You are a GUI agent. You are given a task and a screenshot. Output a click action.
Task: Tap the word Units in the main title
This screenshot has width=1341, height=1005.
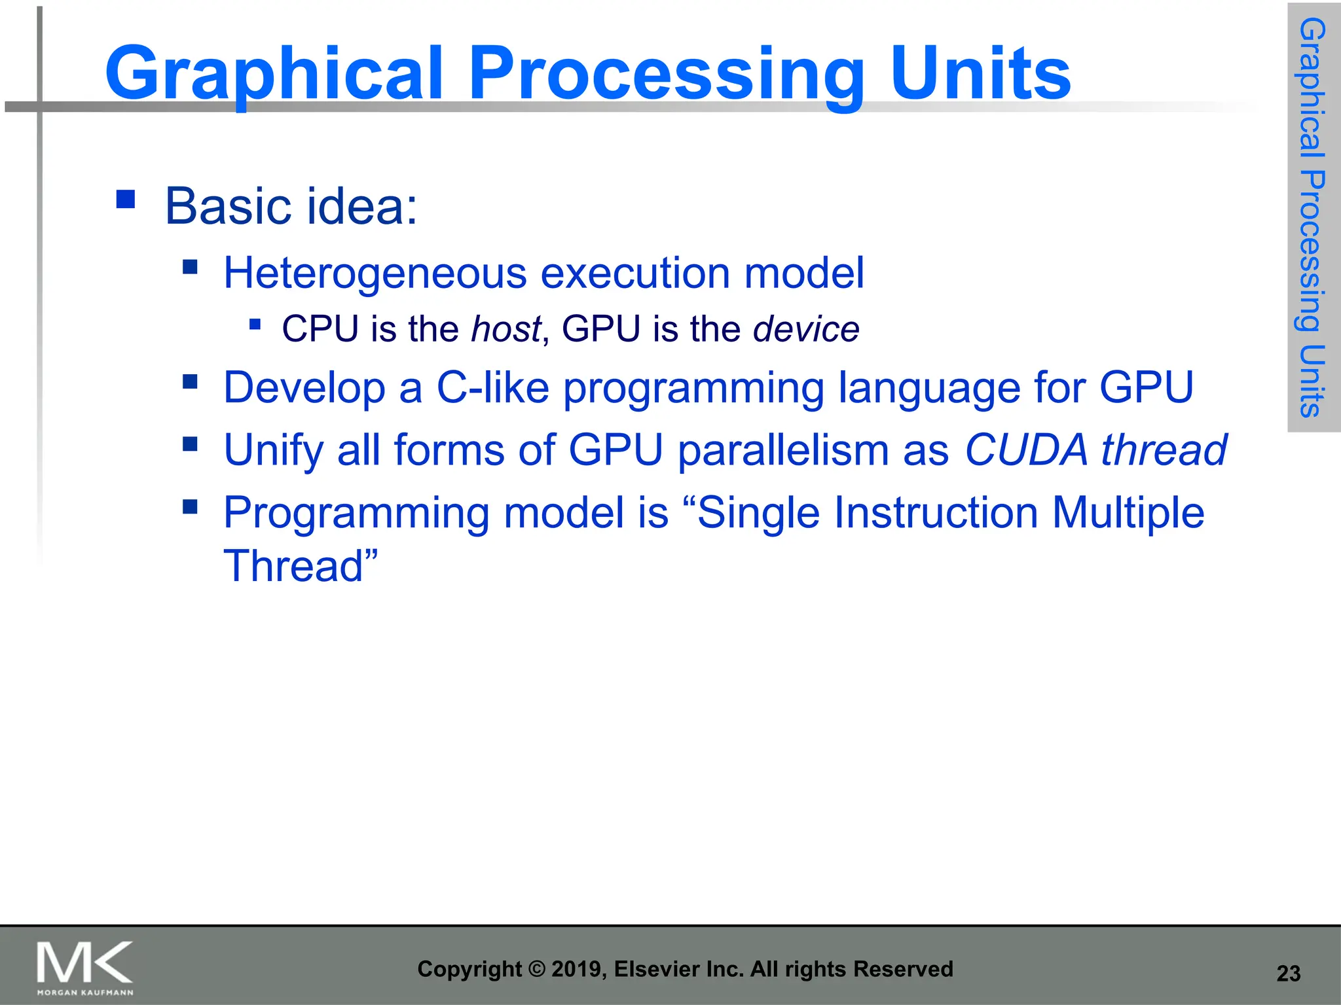pos(980,73)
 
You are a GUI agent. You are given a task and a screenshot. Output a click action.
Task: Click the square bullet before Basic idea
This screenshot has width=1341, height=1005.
pos(126,199)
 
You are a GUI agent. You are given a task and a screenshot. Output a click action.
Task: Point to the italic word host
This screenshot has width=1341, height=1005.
pos(506,328)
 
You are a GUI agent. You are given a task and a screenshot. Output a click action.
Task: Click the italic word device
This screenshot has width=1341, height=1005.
pos(806,328)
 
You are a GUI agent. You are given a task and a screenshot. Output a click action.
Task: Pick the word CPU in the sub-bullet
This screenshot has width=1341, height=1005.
pos(320,328)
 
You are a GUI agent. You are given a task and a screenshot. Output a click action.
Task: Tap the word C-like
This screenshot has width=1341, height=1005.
pos(492,387)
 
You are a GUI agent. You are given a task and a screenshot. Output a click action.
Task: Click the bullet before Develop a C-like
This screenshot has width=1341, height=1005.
pos(191,381)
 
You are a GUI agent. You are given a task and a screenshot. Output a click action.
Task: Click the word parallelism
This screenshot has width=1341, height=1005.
pos(782,450)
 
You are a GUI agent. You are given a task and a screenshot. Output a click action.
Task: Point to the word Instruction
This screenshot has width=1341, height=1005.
pos(868,512)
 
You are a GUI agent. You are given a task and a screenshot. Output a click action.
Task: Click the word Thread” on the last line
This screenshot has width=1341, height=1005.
pos(301,566)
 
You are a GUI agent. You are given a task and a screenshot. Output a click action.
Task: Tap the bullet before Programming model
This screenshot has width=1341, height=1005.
pos(191,506)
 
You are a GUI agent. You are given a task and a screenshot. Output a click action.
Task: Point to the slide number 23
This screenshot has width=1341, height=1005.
pos(1288,974)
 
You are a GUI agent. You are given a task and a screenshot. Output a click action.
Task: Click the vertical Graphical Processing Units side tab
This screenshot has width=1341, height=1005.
pos(1313,217)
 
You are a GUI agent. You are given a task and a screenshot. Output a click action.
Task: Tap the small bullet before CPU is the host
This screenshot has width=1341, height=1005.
pos(255,324)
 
